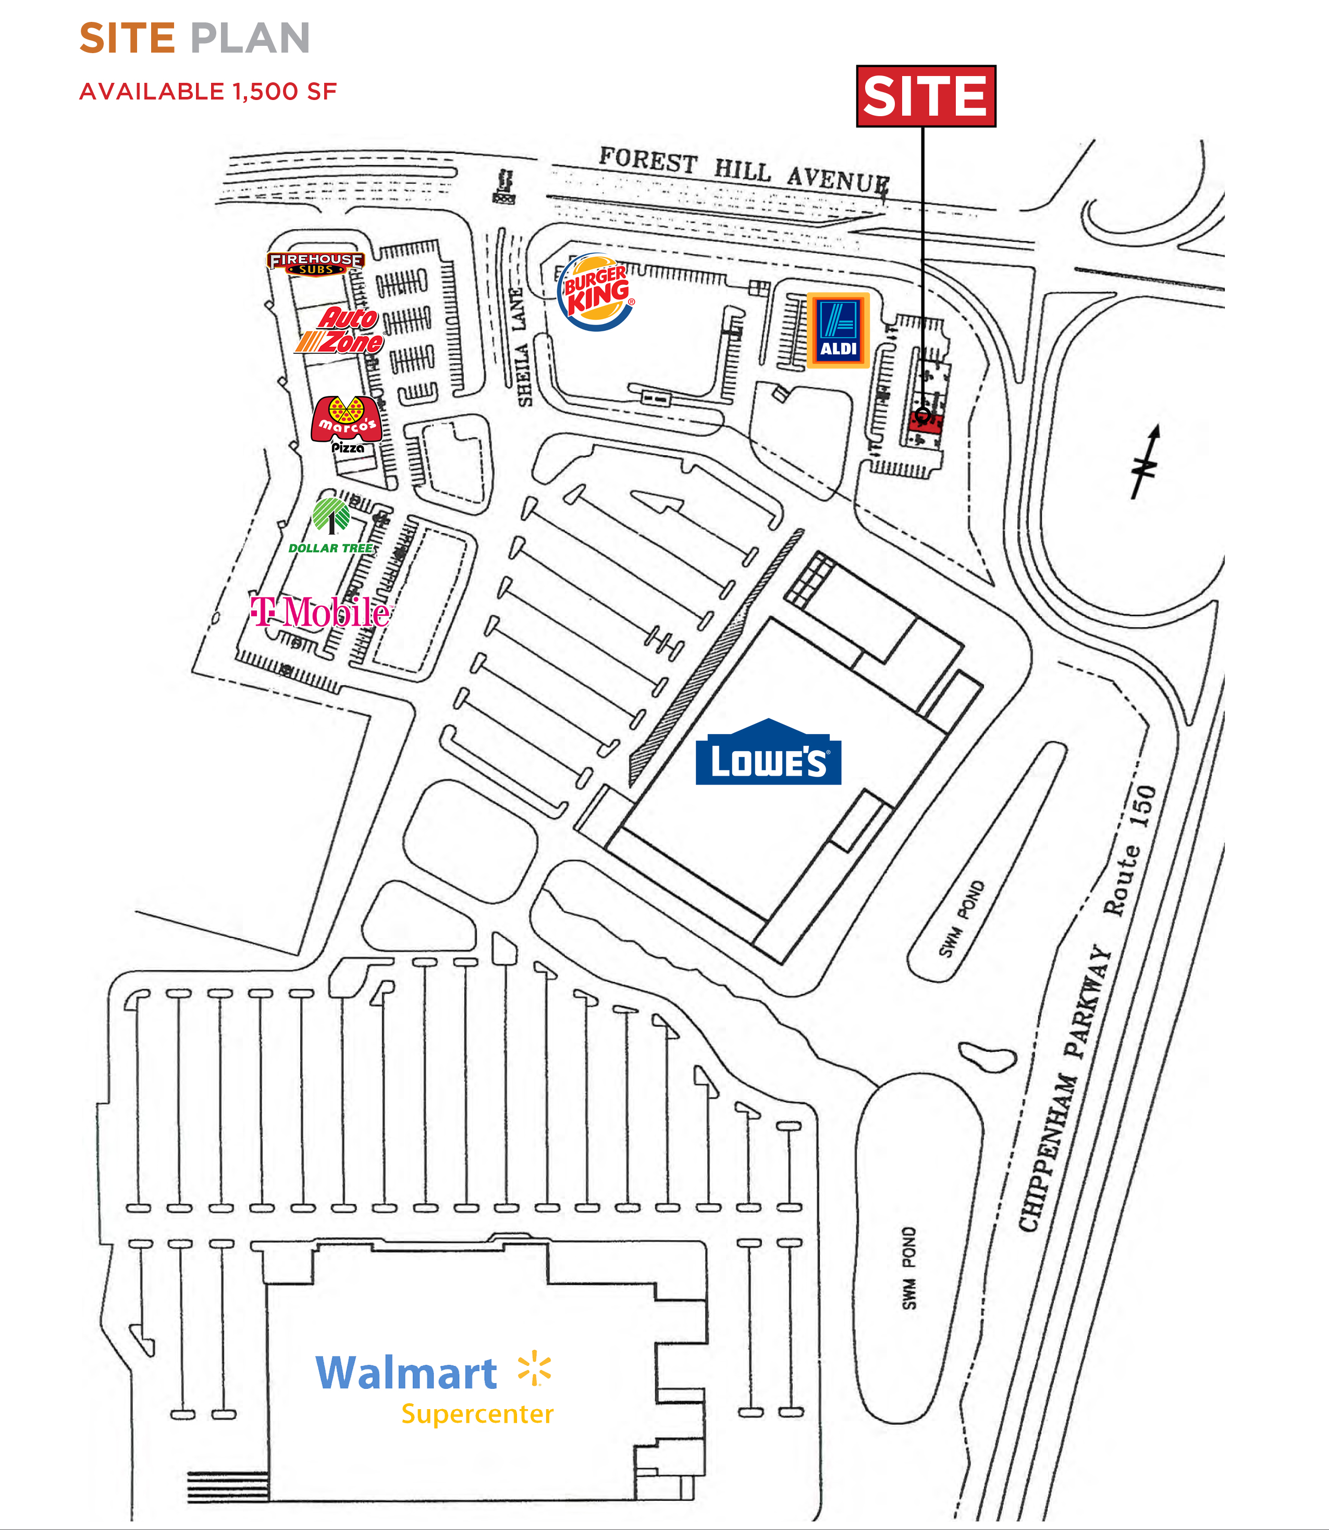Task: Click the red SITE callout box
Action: (926, 96)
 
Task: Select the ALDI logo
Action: (838, 330)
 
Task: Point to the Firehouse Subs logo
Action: (316, 263)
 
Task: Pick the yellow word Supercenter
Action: (477, 1414)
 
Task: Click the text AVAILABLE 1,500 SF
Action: (207, 91)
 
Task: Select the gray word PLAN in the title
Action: (250, 38)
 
